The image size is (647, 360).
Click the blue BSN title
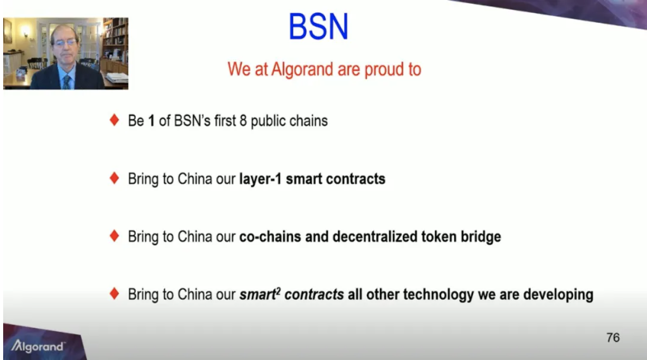(318, 26)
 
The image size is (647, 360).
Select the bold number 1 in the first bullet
(151, 121)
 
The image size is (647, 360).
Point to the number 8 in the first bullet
(243, 121)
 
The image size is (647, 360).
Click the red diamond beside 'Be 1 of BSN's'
(115, 120)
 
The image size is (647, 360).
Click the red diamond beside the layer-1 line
(115, 178)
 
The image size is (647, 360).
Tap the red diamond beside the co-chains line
(115, 236)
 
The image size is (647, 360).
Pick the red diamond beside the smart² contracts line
(115, 293)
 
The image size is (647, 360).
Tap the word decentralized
(375, 236)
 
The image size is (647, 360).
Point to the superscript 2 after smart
(278, 291)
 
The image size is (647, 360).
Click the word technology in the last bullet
(439, 295)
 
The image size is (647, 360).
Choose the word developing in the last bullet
(558, 295)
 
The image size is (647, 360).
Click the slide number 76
(613, 337)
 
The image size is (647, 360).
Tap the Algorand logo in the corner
(38, 346)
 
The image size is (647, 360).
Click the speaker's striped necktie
(66, 82)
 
